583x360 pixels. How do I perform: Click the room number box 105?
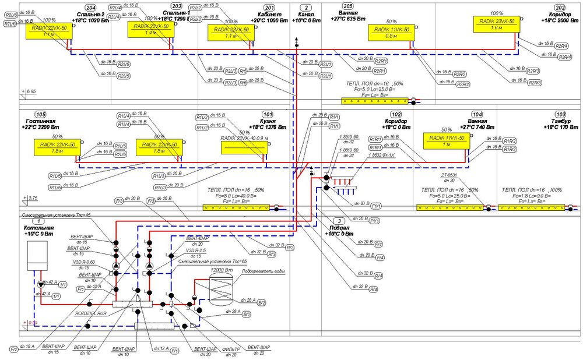(x=40, y=114)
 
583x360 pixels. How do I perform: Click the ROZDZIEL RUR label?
(x=91, y=313)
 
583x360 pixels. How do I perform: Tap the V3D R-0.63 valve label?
(x=83, y=262)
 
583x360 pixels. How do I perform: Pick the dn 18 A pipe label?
(x=27, y=347)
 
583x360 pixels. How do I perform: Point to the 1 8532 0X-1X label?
(x=381, y=156)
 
